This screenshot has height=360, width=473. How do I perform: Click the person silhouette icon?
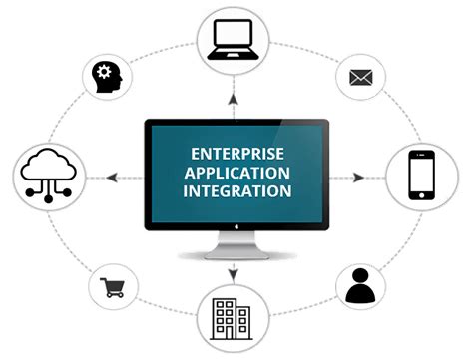(x=359, y=285)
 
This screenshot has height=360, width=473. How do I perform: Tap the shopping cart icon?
(x=113, y=288)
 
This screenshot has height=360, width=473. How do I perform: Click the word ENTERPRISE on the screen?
(x=236, y=155)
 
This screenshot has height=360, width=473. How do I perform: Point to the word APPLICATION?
(x=236, y=173)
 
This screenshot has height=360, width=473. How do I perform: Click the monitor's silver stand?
(x=236, y=248)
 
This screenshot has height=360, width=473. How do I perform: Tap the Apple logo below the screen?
(x=236, y=227)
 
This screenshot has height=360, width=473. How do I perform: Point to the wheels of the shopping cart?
(x=114, y=296)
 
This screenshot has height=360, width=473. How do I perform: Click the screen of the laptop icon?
(x=236, y=36)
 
